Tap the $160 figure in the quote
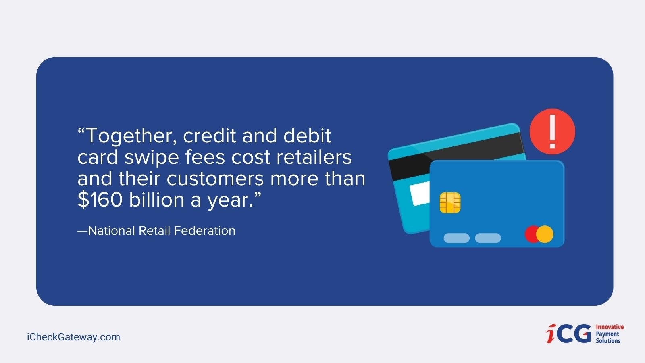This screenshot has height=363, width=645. [100, 200]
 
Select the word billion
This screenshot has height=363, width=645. [157, 199]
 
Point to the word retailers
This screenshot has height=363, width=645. [314, 157]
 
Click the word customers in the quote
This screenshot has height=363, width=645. [215, 179]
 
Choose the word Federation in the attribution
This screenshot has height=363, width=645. [204, 231]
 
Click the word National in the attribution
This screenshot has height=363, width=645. [111, 231]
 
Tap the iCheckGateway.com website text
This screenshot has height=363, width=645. [73, 337]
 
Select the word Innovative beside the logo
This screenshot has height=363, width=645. [610, 327]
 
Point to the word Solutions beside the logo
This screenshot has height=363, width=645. [608, 341]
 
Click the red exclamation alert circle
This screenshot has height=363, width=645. [552, 131]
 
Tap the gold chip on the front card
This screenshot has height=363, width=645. [450, 203]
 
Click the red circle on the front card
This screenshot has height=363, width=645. [532, 234]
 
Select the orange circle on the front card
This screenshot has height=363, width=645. [545, 234]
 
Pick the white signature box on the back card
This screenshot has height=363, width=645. [420, 194]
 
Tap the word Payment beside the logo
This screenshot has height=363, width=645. [607, 334]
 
